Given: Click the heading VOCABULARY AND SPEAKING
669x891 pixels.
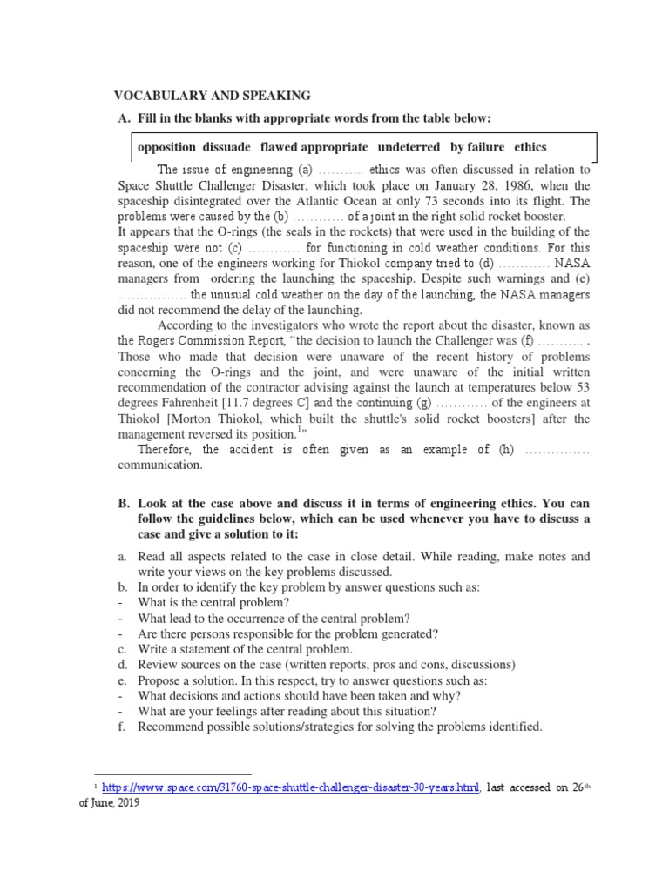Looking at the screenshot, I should click(x=213, y=96).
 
